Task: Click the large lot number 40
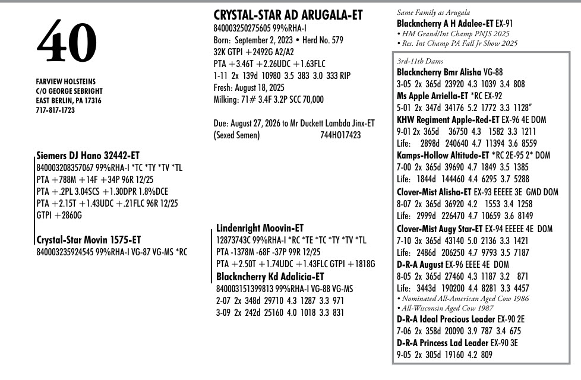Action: tap(67, 43)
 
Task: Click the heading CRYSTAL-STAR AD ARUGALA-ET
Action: tap(288, 15)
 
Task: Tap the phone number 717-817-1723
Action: tap(55, 110)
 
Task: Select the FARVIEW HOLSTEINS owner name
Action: tap(65, 81)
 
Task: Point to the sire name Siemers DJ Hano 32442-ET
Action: tap(88, 156)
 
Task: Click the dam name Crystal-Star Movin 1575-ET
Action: tap(89, 240)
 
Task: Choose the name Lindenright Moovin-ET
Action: tap(260, 228)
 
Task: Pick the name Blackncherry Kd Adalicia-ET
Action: tap(270, 276)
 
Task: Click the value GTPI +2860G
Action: tap(59, 216)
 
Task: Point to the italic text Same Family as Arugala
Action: tap(433, 12)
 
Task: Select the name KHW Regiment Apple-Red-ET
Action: tap(450, 119)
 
